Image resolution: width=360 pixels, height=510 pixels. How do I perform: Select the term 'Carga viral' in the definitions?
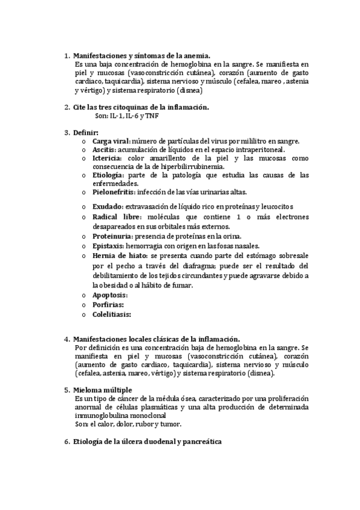[111, 141]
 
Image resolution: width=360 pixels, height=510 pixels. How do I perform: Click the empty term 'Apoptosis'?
[110, 295]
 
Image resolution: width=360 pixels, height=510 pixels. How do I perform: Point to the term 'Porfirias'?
[108, 304]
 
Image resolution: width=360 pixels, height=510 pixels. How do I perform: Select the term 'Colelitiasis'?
[111, 314]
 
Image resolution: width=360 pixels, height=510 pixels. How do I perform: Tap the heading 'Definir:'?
[87, 132]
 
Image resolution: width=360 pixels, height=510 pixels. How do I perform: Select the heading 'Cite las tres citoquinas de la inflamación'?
[141, 107]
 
